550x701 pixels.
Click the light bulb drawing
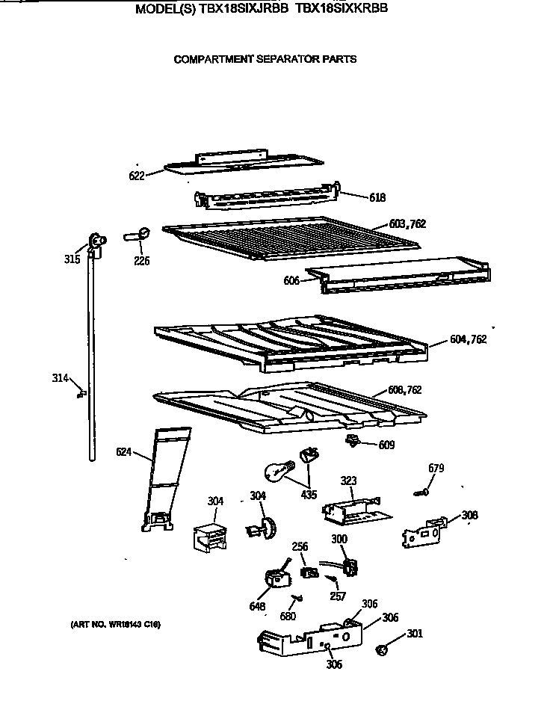click(276, 470)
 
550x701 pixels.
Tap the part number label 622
click(135, 176)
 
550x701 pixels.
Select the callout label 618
click(377, 197)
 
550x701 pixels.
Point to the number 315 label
click(71, 259)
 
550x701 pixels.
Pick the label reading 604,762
click(469, 339)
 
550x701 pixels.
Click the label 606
click(291, 280)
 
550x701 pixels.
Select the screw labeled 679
click(423, 491)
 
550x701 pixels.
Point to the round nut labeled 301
click(384, 651)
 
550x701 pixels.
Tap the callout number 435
click(308, 495)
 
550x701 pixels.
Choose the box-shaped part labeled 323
click(351, 510)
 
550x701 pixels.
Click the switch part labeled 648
click(276, 578)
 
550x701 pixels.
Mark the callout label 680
click(288, 617)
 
